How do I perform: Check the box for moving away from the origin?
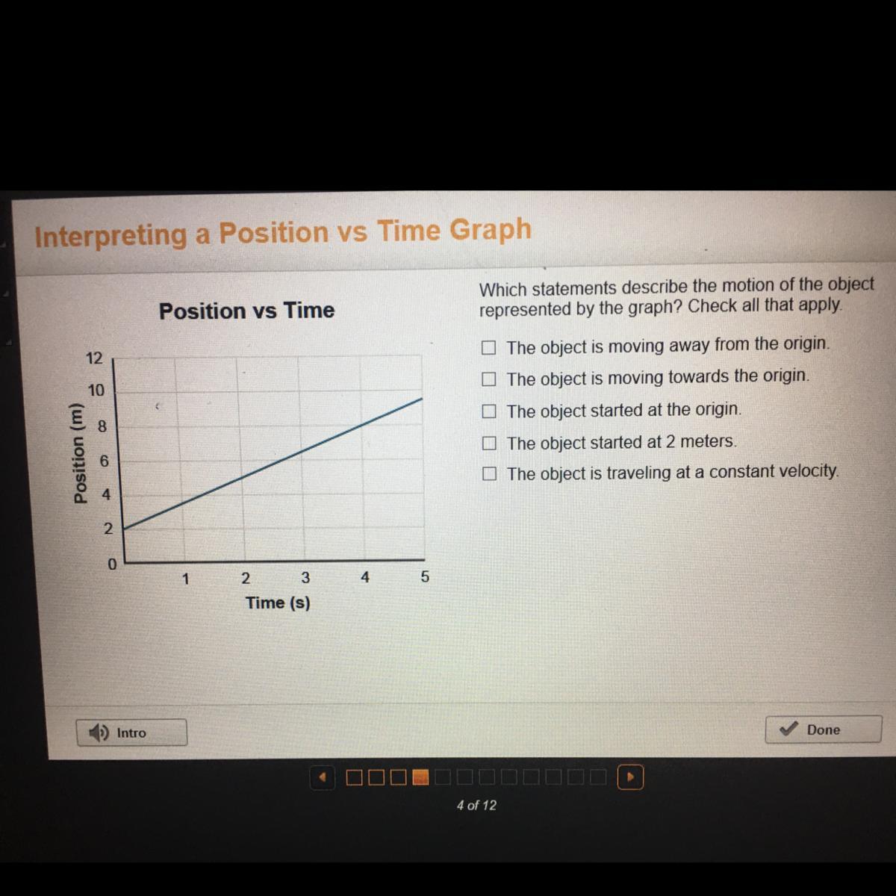click(x=488, y=347)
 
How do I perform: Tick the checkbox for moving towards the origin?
click(x=488, y=379)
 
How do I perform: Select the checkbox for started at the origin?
click(x=488, y=411)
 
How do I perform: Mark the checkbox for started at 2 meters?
click(x=488, y=443)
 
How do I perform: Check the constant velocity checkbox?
click(x=489, y=474)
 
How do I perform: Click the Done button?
click(x=823, y=729)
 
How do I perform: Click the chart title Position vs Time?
click(x=246, y=311)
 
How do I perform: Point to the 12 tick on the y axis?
click(x=94, y=358)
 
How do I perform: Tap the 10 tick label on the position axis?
click(x=96, y=390)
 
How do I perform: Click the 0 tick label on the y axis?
click(x=111, y=564)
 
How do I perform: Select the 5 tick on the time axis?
click(x=425, y=576)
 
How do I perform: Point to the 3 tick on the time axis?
click(x=305, y=577)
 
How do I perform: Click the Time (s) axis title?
click(x=278, y=603)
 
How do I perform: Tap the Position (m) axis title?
click(x=80, y=453)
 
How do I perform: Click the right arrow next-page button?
click(x=630, y=777)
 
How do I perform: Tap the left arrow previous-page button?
click(x=323, y=777)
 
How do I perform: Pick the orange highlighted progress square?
click(x=420, y=777)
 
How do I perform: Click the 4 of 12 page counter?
click(x=476, y=805)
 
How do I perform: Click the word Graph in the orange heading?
click(x=490, y=229)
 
